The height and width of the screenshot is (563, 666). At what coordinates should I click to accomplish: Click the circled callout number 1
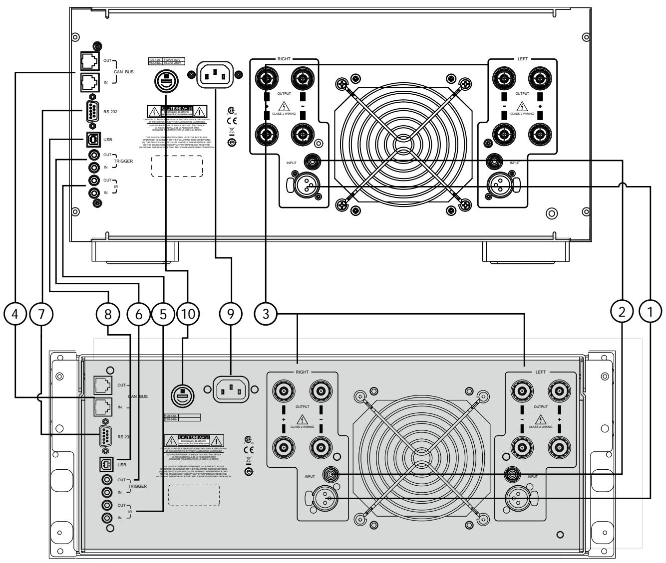[650, 313]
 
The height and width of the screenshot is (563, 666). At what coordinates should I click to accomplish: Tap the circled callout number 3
[266, 313]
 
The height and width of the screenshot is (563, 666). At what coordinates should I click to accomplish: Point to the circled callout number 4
[15, 313]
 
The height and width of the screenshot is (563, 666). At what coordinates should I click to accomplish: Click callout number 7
[40, 313]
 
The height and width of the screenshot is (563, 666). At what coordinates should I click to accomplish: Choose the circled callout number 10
[187, 313]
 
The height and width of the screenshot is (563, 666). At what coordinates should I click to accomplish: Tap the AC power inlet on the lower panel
[231, 387]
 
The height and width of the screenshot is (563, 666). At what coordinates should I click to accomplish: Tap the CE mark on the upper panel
[231, 121]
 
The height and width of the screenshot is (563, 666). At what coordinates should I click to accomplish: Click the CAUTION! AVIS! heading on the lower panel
[194, 439]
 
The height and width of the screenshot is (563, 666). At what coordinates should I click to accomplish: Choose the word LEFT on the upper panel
[522, 59]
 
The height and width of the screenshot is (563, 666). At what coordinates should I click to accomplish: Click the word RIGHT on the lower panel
[302, 372]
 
